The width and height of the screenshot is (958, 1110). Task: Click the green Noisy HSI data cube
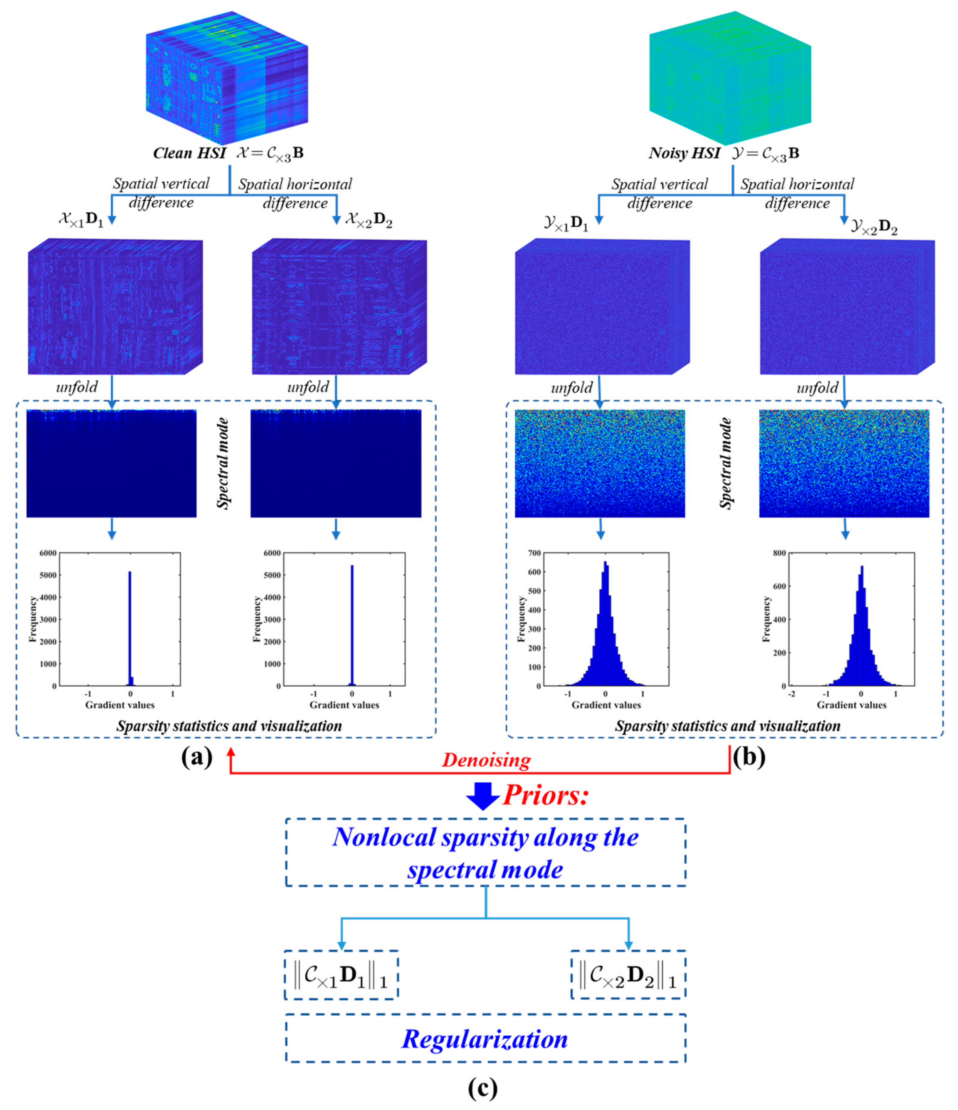(730, 78)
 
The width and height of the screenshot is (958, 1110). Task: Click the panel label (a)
(197, 758)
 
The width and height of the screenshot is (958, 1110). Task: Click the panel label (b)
(750, 758)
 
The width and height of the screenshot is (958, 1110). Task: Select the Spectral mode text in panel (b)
(726, 463)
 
